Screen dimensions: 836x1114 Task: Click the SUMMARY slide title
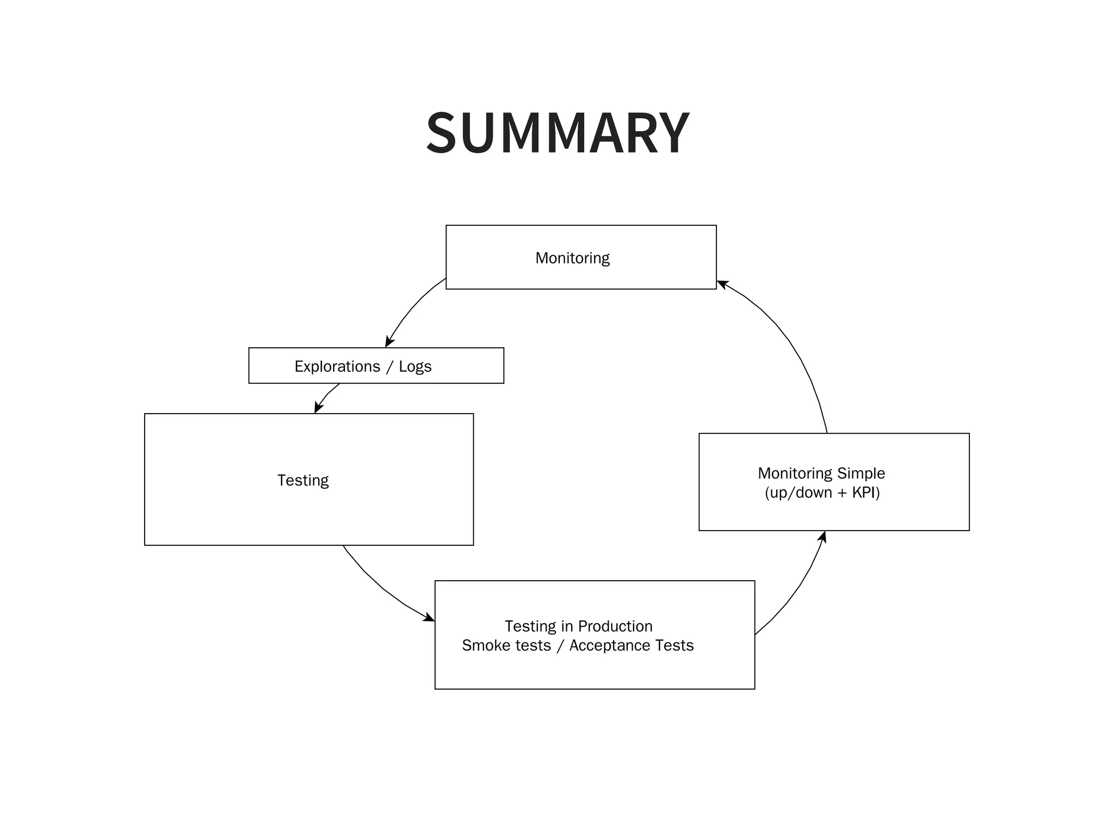point(558,133)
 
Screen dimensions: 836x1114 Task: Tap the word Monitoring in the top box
point(572,258)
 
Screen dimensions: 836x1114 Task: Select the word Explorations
point(337,366)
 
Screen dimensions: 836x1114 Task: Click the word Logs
point(415,366)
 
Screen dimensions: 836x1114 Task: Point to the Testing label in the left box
point(303,480)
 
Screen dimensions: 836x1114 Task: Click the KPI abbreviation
point(865,493)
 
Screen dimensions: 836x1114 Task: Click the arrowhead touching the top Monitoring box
point(722,284)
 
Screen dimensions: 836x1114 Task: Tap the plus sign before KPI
point(842,493)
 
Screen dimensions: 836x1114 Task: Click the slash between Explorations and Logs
point(389,367)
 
